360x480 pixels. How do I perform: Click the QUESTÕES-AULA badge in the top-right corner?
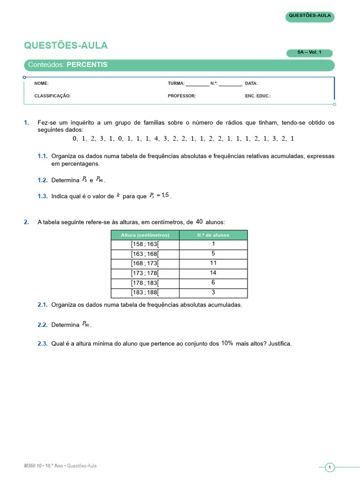[310, 16]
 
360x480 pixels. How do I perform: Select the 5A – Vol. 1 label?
[309, 53]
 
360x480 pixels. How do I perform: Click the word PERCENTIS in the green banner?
[87, 65]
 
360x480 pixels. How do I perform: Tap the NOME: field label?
[41, 83]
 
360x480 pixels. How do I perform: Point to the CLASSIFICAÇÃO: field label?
[52, 96]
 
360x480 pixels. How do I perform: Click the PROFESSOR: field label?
[182, 96]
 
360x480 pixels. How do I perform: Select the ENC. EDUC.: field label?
[258, 96]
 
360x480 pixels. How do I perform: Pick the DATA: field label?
[251, 83]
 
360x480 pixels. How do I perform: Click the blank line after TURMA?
[197, 84]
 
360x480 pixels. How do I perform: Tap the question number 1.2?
[43, 180]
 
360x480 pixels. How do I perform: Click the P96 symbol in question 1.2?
[99, 180]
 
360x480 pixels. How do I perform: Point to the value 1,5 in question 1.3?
[164, 195]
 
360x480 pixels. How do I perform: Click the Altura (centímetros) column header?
[145, 235]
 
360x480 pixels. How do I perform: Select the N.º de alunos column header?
[213, 235]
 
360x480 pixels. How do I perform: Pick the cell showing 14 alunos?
[213, 273]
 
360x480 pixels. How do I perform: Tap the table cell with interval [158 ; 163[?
[145, 244]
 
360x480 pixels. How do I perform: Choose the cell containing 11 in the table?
[213, 263]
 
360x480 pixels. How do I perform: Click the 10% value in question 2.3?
[227, 343]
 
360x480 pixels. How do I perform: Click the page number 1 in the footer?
[330, 467]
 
